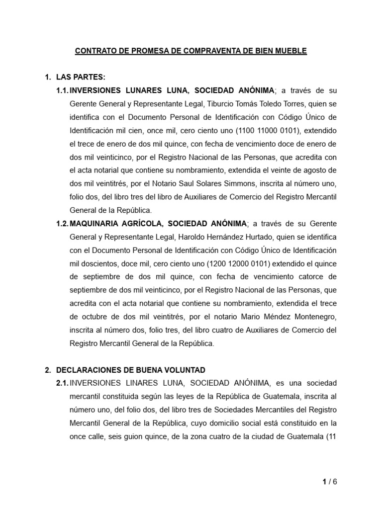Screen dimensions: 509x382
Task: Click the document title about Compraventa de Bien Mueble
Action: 191,51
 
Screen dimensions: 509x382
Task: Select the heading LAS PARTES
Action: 81,77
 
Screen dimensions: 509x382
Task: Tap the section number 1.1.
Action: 62,90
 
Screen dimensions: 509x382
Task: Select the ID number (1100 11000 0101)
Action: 265,130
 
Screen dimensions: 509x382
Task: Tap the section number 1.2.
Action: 62,223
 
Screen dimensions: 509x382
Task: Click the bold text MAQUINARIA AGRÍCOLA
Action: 122,223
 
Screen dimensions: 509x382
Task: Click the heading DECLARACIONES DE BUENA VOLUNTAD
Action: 131,370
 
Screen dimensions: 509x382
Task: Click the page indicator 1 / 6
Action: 328,482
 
